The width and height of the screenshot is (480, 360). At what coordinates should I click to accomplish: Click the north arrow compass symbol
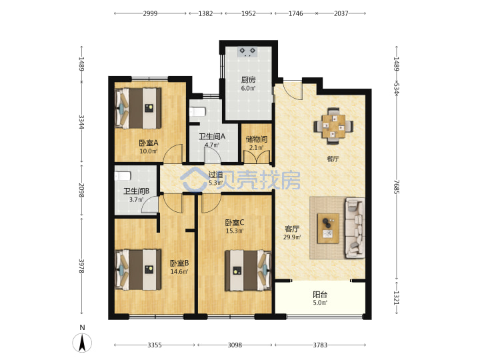[x=82, y=343]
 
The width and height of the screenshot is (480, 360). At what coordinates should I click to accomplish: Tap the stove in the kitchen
[x=247, y=52]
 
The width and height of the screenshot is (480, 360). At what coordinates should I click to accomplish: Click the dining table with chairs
[x=333, y=126]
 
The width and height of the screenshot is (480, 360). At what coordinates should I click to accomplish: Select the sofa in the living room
[x=355, y=228]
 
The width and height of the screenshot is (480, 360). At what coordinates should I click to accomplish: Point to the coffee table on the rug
[x=328, y=229]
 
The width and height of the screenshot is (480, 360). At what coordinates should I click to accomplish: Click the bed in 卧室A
[x=138, y=108]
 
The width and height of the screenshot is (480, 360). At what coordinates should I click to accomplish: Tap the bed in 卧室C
[x=248, y=270]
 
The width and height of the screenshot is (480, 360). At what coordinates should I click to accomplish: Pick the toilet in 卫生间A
[x=197, y=111]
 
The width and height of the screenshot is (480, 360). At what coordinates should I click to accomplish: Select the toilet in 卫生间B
[x=123, y=176]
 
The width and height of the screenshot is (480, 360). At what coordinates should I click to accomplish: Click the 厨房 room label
[x=248, y=80]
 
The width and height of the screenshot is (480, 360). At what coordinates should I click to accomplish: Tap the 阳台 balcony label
[x=320, y=295]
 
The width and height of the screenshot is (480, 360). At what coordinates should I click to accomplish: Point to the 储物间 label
[x=257, y=139]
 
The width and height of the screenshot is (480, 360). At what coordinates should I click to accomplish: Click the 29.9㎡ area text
[x=292, y=237]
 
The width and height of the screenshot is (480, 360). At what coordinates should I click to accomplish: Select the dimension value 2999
[x=150, y=13]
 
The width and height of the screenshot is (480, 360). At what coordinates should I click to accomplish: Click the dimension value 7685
[x=397, y=187]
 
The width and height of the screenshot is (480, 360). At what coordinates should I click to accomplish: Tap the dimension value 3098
[x=235, y=345]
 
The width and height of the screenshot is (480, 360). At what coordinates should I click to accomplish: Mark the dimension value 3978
[x=81, y=266]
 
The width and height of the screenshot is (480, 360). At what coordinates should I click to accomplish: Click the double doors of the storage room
[x=257, y=157]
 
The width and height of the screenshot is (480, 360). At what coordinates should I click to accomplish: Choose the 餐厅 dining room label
[x=333, y=159]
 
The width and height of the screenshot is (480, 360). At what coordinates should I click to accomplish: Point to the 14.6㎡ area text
[x=179, y=271]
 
